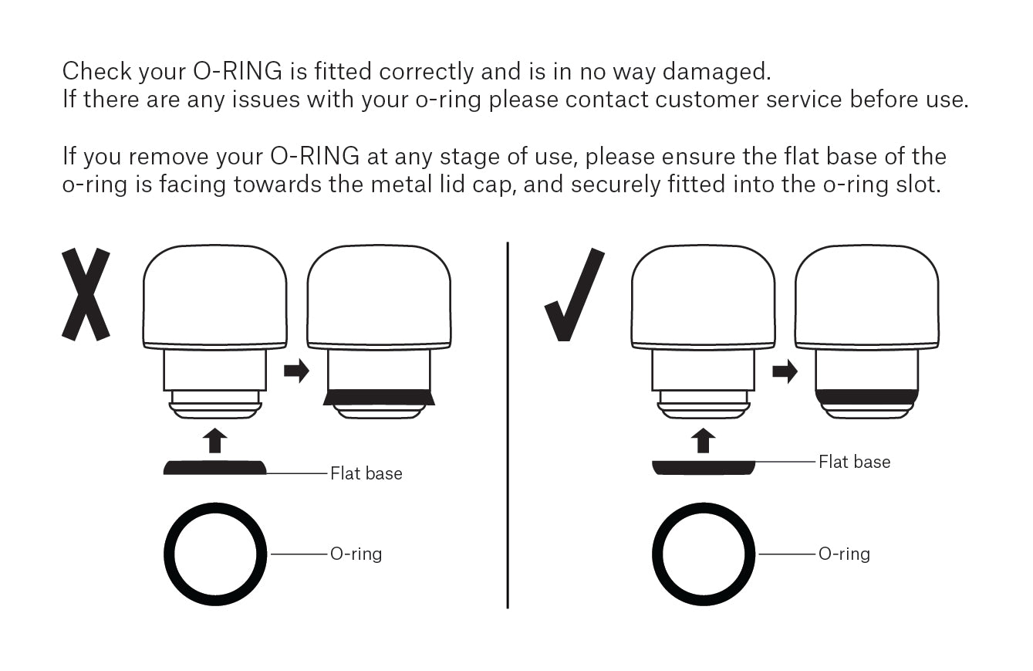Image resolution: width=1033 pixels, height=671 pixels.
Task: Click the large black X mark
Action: pyautogui.click(x=86, y=295)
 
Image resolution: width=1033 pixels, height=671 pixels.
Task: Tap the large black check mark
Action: pyautogui.click(x=575, y=295)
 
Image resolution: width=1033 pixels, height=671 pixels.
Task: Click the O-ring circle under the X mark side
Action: pyautogui.click(x=215, y=554)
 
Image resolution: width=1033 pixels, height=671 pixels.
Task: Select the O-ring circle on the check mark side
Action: pyautogui.click(x=704, y=554)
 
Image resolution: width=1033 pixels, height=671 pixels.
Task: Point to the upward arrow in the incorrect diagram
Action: pyautogui.click(x=215, y=441)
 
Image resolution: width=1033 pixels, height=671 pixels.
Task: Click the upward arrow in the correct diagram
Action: pyautogui.click(x=702, y=441)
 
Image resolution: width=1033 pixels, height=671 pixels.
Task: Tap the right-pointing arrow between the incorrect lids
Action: pyautogui.click(x=296, y=371)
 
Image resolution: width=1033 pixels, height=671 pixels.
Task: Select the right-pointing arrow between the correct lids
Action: pyautogui.click(x=785, y=371)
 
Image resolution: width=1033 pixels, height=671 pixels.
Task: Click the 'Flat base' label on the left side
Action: pyautogui.click(x=366, y=473)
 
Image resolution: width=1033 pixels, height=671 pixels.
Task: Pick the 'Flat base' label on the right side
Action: pyautogui.click(x=854, y=462)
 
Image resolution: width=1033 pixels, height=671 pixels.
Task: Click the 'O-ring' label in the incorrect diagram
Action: pyautogui.click(x=356, y=554)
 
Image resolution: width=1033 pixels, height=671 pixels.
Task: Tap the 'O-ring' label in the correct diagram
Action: pyautogui.click(x=844, y=554)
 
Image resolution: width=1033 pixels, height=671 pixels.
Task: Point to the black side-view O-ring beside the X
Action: pyautogui.click(x=215, y=467)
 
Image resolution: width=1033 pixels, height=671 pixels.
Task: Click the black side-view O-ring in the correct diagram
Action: pyautogui.click(x=703, y=466)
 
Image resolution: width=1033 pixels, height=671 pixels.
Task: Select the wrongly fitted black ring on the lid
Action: pyautogui.click(x=379, y=397)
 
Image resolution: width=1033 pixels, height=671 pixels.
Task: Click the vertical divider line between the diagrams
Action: pyautogui.click(x=508, y=425)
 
